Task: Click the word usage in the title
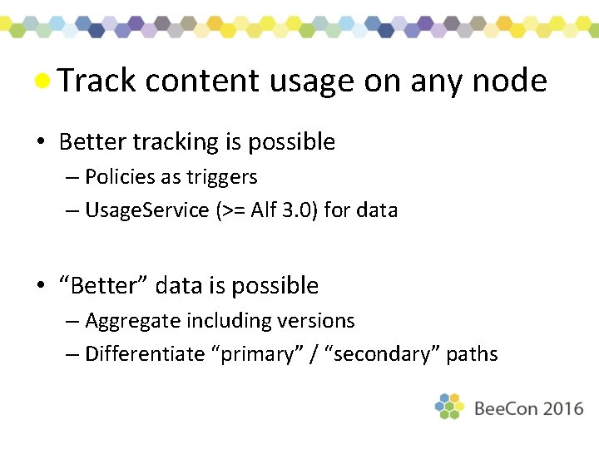[x=312, y=81]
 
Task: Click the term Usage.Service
[x=147, y=210]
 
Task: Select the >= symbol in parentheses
[x=231, y=210]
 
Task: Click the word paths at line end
[x=472, y=354]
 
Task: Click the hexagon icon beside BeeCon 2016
[x=449, y=406]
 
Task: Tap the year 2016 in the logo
[x=560, y=409]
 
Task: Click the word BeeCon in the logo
[x=504, y=409]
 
